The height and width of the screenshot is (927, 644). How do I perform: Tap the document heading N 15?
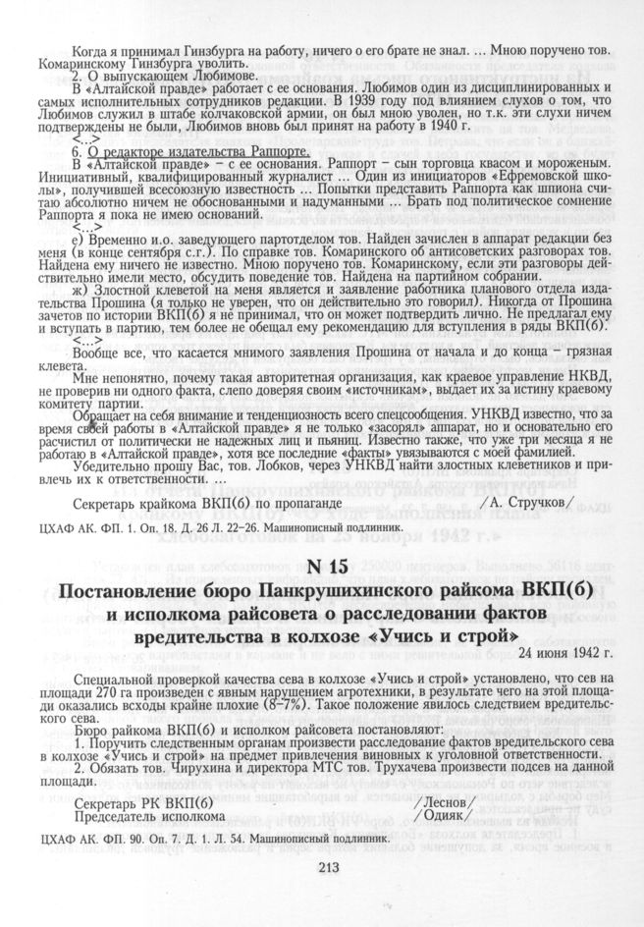[328, 567]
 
